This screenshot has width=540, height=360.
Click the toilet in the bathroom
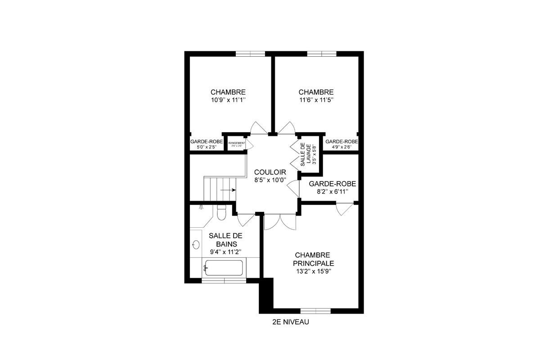pyautogui.click(x=221, y=213)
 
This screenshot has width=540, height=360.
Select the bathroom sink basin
pyautogui.click(x=196, y=245)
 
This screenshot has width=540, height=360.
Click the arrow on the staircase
pyautogui.click(x=229, y=190)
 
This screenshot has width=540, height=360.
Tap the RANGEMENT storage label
pyautogui.click(x=237, y=143)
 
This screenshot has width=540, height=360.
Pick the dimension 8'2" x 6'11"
pyautogui.click(x=333, y=192)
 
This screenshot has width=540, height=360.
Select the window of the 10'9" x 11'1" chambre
pyautogui.click(x=250, y=54)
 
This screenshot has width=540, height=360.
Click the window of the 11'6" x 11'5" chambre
pyautogui.click(x=322, y=54)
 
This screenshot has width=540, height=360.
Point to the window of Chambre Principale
pyautogui.click(x=315, y=310)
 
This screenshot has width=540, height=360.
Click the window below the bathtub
pyautogui.click(x=224, y=281)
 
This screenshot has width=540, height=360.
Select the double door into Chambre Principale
pyautogui.click(x=280, y=221)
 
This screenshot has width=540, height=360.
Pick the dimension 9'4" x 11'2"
pyautogui.click(x=225, y=252)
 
